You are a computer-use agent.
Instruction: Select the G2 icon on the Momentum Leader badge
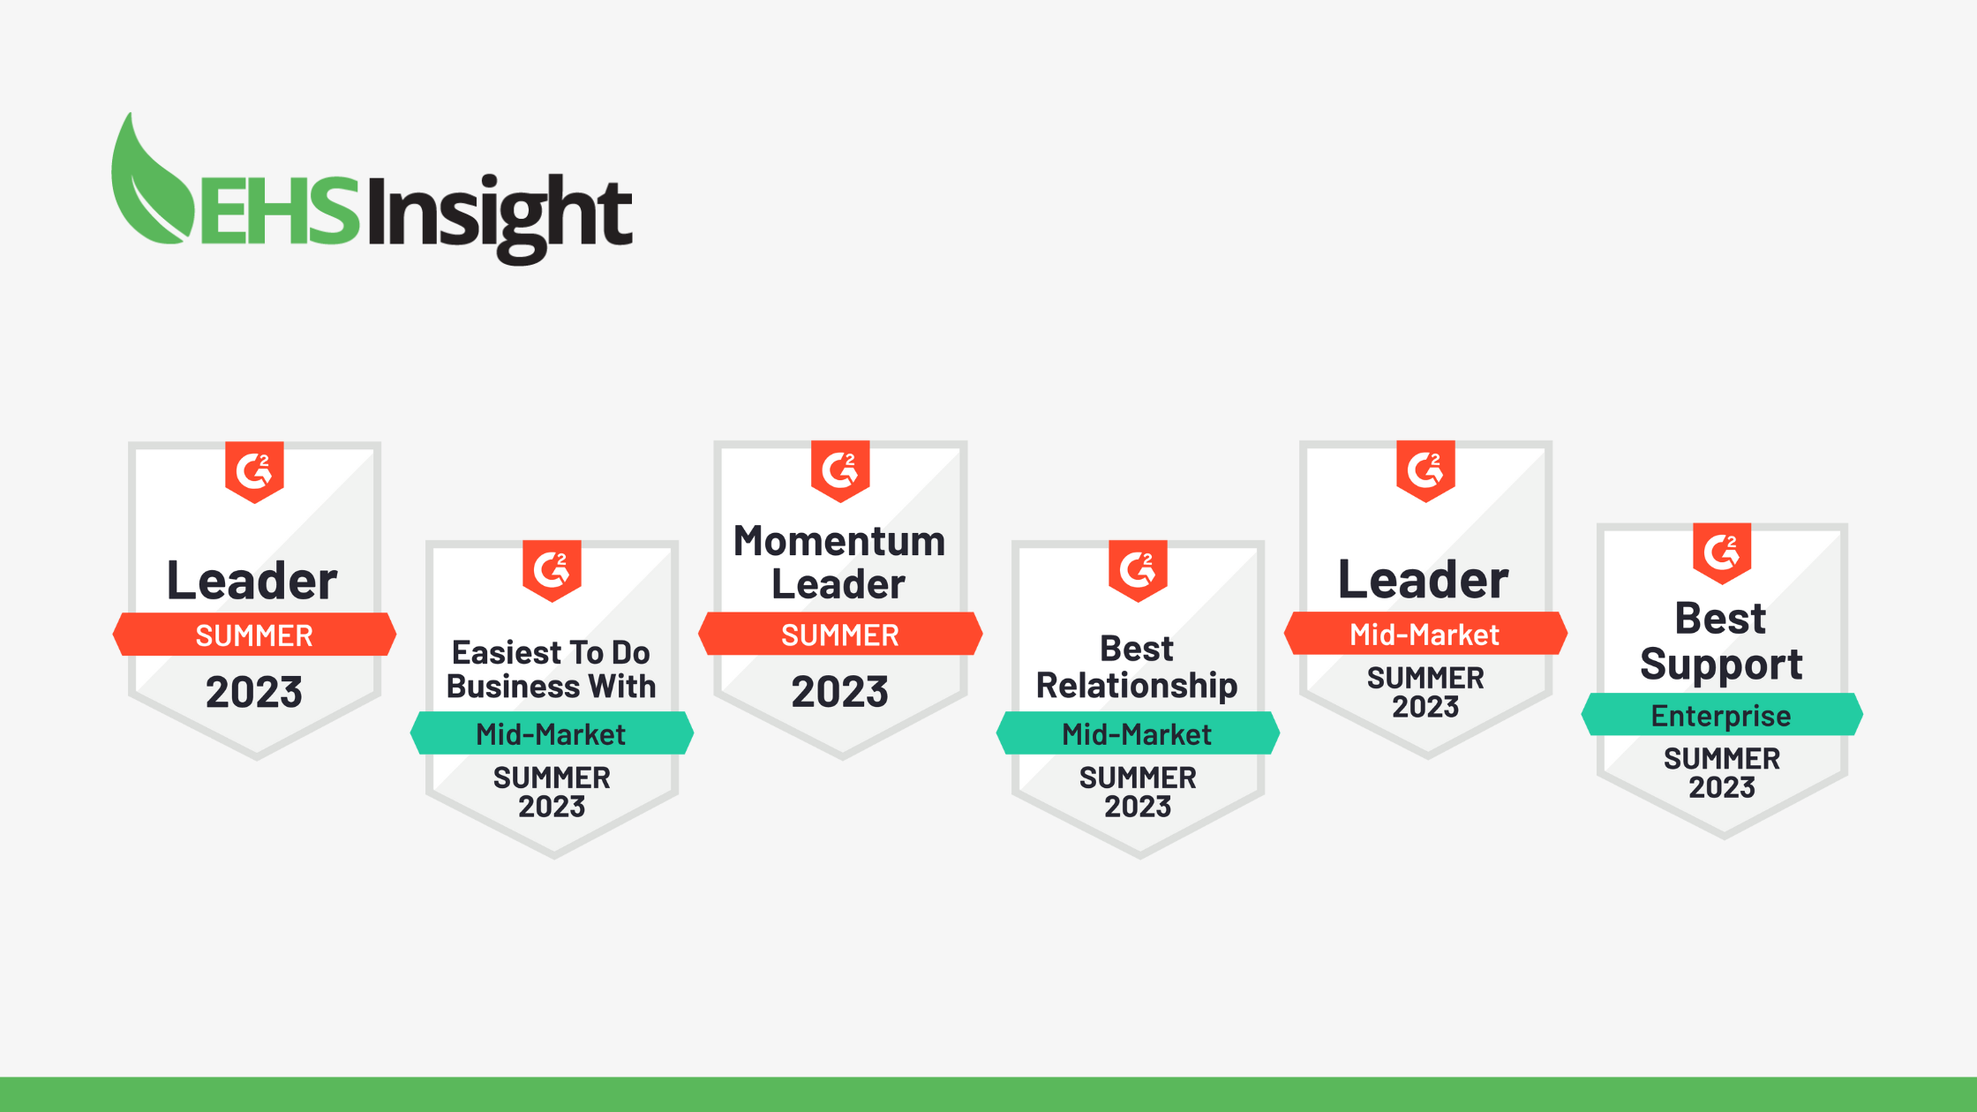[840, 470]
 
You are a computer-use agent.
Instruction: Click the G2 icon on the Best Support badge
[1722, 552]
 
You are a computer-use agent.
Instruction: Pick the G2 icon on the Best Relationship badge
[1138, 569]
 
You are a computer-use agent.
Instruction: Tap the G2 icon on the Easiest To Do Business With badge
[552, 569]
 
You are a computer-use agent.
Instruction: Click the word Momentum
[839, 541]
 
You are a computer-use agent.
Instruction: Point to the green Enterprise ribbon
[1722, 715]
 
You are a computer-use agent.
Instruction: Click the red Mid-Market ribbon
[1424, 634]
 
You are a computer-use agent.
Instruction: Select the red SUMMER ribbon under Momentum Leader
[840, 635]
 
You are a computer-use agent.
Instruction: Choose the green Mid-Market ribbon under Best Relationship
[1138, 733]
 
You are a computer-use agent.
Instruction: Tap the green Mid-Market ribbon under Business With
[552, 733]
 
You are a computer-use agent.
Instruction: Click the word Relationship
[1137, 686]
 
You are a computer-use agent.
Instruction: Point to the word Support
[1721, 664]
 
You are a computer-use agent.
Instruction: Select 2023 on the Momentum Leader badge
[839, 691]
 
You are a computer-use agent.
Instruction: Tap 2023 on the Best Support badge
[1722, 787]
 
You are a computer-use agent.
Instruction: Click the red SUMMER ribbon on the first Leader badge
[254, 635]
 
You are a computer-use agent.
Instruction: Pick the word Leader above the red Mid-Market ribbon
[1424, 580]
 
